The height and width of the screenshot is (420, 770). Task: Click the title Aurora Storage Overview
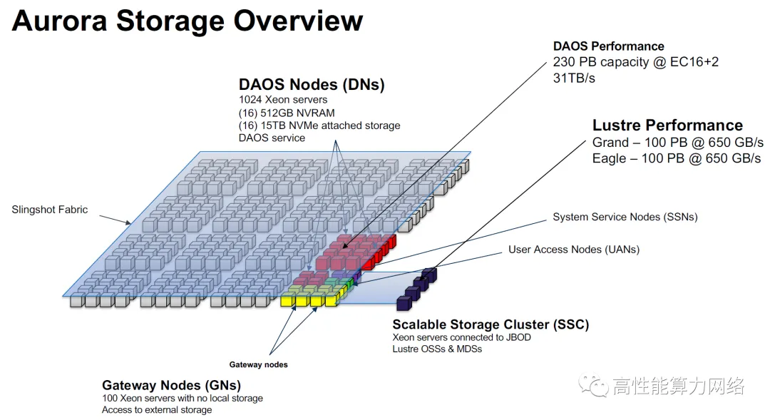tap(187, 21)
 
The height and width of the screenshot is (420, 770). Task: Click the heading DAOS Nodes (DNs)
tap(312, 84)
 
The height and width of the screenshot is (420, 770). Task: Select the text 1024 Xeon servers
tap(283, 100)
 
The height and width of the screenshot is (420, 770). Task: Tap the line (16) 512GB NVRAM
tap(287, 113)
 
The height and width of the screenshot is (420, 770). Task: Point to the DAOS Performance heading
tap(608, 46)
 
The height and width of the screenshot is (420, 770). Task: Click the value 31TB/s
tap(574, 78)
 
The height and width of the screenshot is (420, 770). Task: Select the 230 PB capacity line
tap(635, 62)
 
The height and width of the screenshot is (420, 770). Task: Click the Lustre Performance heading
tap(667, 126)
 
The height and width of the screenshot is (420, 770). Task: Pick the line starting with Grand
tap(678, 143)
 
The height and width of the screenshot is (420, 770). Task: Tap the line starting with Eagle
tap(676, 159)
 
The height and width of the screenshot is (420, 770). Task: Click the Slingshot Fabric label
tap(50, 210)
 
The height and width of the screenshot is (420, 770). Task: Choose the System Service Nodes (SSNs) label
tap(625, 217)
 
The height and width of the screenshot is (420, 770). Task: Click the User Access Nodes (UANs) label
tap(573, 250)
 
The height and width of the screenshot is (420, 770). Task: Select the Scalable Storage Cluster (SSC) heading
tap(491, 324)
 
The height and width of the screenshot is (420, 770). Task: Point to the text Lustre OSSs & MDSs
tap(437, 349)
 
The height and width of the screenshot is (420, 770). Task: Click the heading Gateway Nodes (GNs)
tap(171, 385)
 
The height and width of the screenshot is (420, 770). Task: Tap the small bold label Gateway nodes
tap(258, 364)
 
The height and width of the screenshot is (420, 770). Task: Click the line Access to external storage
tap(157, 410)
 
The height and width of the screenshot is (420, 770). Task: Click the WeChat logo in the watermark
tap(593, 386)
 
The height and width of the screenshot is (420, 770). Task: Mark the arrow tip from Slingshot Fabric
tap(130, 224)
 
